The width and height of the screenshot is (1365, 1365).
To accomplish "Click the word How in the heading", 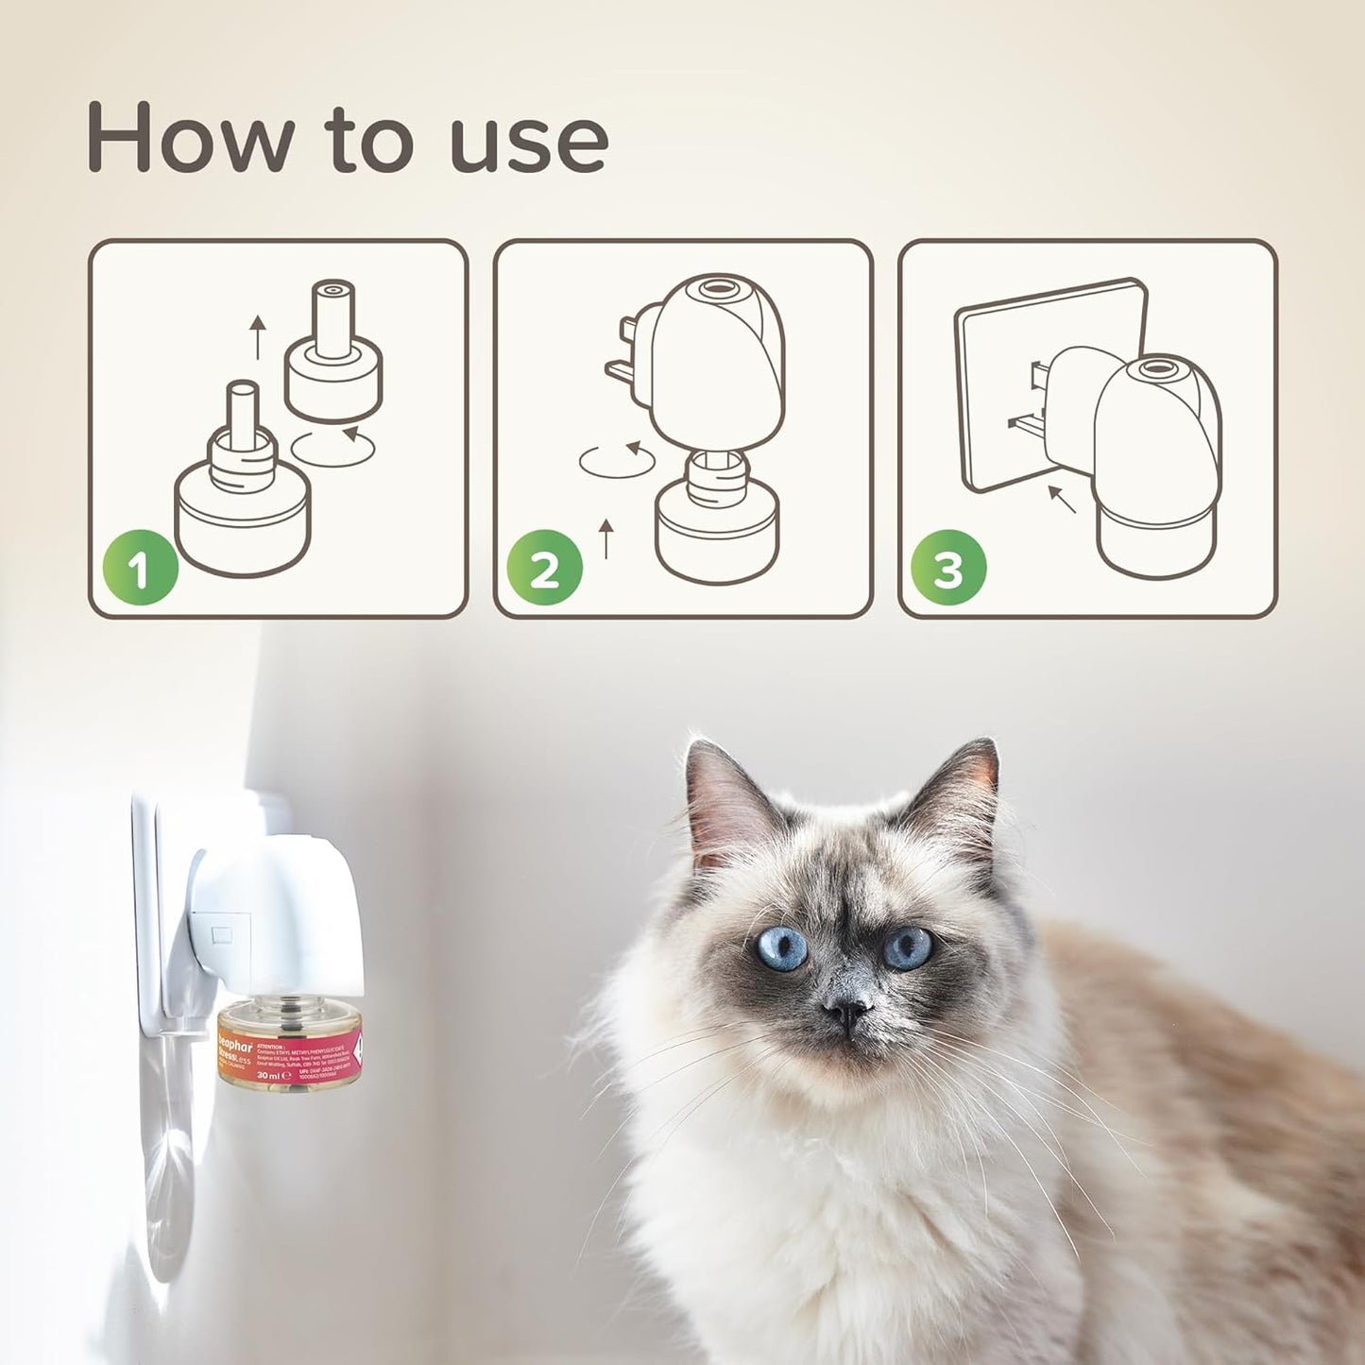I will (189, 139).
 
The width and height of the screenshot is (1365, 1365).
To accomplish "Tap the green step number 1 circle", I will (140, 570).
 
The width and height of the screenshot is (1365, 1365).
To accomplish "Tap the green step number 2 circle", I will (544, 570).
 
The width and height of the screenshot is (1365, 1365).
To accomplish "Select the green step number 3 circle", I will (948, 570).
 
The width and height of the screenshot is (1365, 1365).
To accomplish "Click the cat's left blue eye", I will (781, 948).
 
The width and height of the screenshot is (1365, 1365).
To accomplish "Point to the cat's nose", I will (846, 1012).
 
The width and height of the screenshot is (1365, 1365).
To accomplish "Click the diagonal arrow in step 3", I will (1062, 499).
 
